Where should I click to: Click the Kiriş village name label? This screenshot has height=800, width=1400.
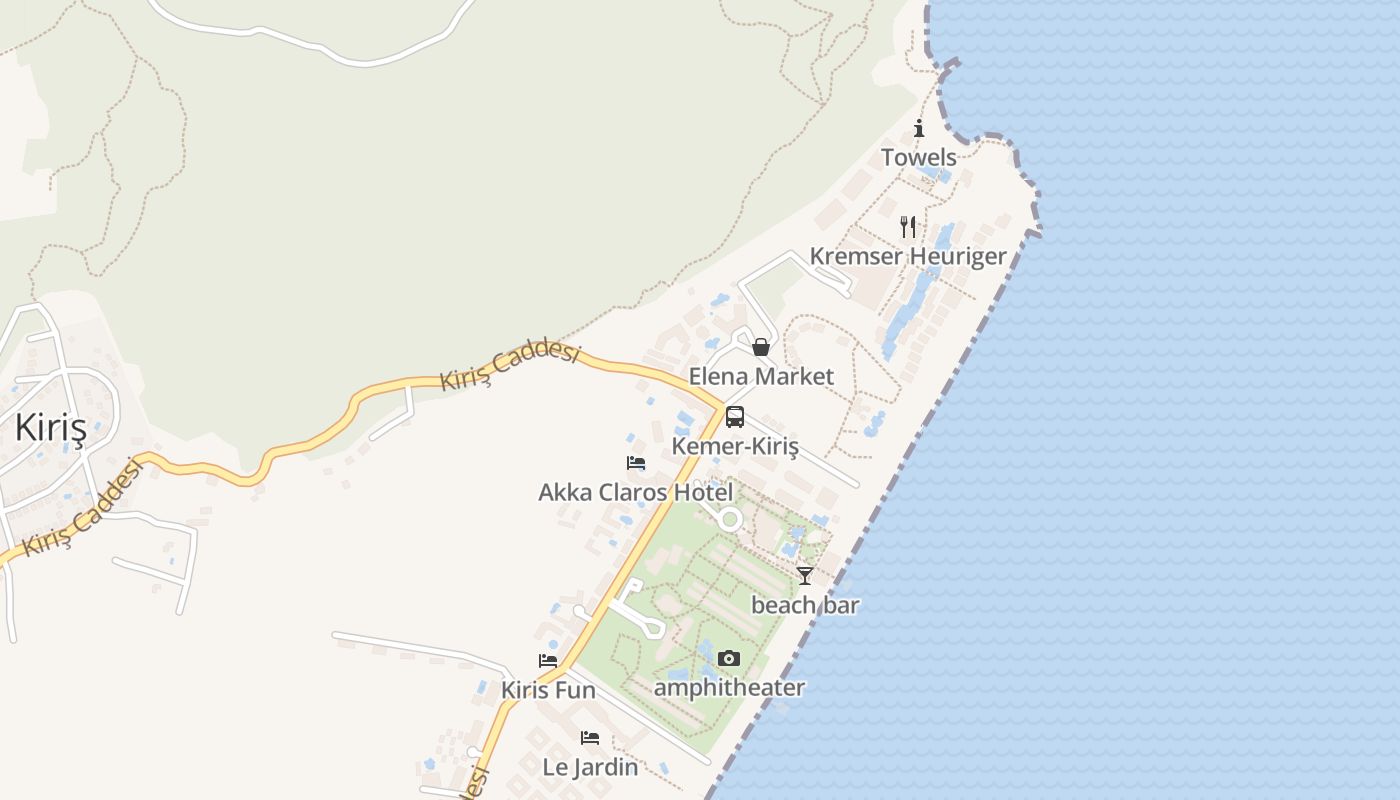[50, 428]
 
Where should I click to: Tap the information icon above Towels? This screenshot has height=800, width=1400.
[919, 128]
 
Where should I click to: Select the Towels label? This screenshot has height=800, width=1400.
[919, 157]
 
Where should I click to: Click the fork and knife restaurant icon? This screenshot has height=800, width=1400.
[908, 226]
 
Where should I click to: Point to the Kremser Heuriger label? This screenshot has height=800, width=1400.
[908, 256]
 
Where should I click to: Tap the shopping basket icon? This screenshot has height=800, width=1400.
[761, 347]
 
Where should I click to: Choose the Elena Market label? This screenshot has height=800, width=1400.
[761, 376]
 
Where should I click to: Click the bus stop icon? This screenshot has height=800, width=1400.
[735, 417]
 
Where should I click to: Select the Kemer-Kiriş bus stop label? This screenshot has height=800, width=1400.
[735, 446]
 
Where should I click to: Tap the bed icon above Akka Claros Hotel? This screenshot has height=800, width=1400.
[636, 463]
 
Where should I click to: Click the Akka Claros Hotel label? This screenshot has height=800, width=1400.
[636, 492]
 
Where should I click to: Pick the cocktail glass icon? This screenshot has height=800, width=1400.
[805, 575]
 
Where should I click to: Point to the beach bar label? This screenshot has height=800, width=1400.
[805, 605]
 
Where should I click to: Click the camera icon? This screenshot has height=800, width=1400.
[729, 658]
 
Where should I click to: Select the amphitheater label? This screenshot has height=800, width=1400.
[729, 688]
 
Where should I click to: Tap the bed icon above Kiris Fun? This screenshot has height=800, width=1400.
[548, 661]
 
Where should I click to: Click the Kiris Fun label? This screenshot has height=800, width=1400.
[548, 690]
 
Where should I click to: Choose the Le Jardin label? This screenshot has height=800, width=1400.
[590, 767]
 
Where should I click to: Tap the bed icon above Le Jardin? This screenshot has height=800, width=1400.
[590, 738]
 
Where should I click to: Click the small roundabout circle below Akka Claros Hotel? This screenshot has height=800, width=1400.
[730, 519]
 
